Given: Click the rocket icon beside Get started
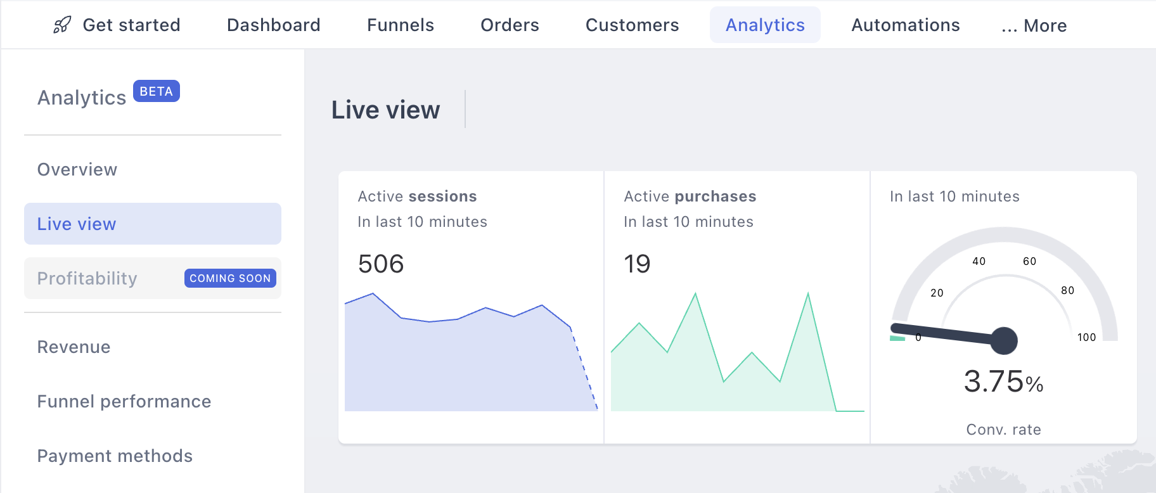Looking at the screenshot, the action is pyautogui.click(x=62, y=25).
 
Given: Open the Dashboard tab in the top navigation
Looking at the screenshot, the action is pyautogui.click(x=274, y=25).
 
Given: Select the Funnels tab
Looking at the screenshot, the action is pyautogui.click(x=401, y=25).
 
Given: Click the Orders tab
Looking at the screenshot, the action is pyautogui.click(x=510, y=25).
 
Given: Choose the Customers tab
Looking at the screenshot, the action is pyautogui.click(x=632, y=25).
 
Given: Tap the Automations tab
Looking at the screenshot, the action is pyautogui.click(x=906, y=25).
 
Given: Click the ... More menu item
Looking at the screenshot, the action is pyautogui.click(x=1034, y=26).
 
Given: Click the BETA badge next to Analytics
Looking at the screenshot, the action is pyautogui.click(x=157, y=91).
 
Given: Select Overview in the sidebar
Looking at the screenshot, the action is pyautogui.click(x=77, y=170).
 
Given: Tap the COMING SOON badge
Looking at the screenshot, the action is pyautogui.click(x=230, y=278).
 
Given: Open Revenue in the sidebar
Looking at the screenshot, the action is pyautogui.click(x=74, y=347).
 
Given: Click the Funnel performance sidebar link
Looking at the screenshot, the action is pyautogui.click(x=124, y=402).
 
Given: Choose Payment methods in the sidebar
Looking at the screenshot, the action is pyautogui.click(x=115, y=456).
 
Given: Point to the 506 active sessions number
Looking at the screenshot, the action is pyautogui.click(x=381, y=264).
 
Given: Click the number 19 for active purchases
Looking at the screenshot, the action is pyautogui.click(x=637, y=264).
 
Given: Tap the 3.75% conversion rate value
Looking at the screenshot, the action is pyautogui.click(x=1003, y=381).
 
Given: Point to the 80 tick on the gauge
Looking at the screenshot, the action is pyautogui.click(x=1068, y=290).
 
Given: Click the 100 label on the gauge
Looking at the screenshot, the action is pyautogui.click(x=1087, y=337).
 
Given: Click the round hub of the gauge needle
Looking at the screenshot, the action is pyautogui.click(x=1004, y=340).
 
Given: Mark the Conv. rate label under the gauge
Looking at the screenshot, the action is pyautogui.click(x=1004, y=430).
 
